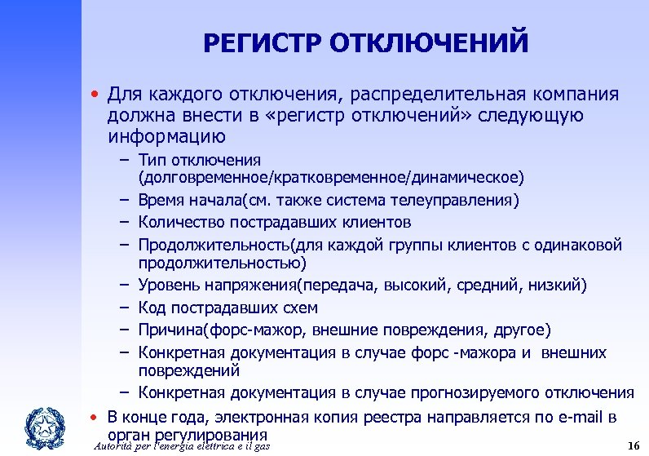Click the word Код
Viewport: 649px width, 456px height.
[152, 308]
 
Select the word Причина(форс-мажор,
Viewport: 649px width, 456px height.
[220, 330]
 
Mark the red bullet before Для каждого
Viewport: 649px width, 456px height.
[95, 95]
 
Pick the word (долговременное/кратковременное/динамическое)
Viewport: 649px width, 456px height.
[332, 176]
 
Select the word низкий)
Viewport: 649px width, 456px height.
[557, 286]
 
